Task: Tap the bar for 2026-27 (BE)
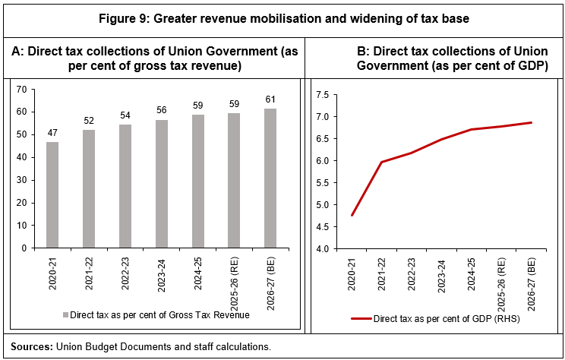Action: (270, 178)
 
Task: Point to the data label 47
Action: (53, 133)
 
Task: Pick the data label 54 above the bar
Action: (126, 116)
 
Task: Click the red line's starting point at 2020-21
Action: (352, 216)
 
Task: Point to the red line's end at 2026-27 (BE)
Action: (531, 122)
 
